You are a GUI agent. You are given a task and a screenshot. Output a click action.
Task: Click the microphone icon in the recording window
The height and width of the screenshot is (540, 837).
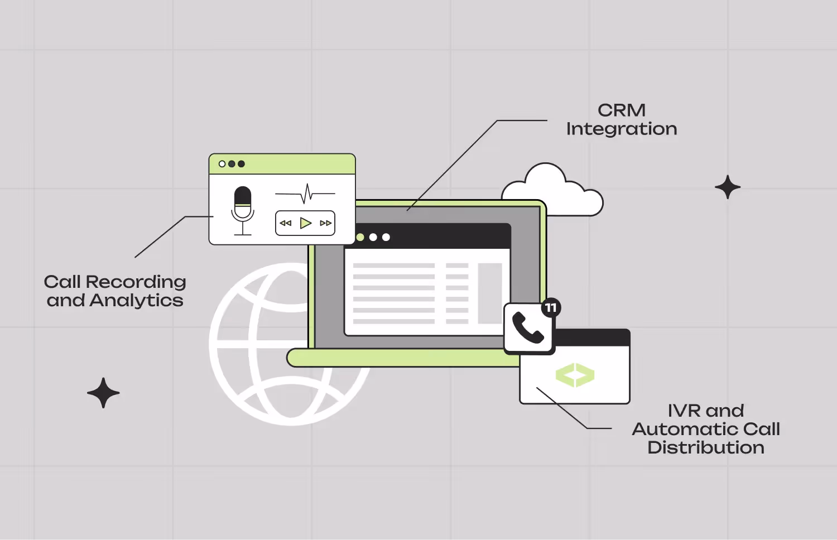click(243, 211)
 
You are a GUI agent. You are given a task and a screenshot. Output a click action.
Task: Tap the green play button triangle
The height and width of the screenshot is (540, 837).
click(305, 223)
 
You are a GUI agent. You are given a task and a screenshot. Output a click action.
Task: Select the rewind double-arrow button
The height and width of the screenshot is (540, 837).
click(286, 223)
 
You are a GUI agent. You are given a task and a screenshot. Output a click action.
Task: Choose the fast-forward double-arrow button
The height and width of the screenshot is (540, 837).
click(325, 223)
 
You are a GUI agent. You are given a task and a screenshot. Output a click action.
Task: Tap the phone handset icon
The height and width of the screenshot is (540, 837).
click(528, 327)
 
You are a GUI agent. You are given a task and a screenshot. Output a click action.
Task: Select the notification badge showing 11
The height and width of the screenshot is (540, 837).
click(551, 308)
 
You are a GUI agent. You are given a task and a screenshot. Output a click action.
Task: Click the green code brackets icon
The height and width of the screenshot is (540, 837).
click(575, 375)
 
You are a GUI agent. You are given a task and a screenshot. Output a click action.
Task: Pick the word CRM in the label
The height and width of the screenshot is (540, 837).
click(622, 110)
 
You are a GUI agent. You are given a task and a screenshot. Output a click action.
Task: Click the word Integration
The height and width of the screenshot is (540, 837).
click(622, 129)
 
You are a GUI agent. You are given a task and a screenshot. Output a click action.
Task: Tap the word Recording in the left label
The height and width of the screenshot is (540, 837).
click(136, 282)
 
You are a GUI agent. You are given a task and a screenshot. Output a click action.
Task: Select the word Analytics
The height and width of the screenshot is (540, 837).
click(136, 300)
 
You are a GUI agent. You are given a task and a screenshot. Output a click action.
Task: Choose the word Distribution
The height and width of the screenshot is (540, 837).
click(706, 447)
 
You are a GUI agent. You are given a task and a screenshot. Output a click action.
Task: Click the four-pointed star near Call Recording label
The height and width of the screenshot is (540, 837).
click(103, 393)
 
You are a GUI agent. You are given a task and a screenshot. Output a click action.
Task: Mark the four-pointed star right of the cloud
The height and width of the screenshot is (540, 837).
click(728, 187)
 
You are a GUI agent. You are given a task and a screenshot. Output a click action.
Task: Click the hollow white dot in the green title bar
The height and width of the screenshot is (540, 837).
click(222, 164)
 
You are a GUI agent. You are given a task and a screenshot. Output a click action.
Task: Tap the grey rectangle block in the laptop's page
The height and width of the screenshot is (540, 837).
click(490, 293)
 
